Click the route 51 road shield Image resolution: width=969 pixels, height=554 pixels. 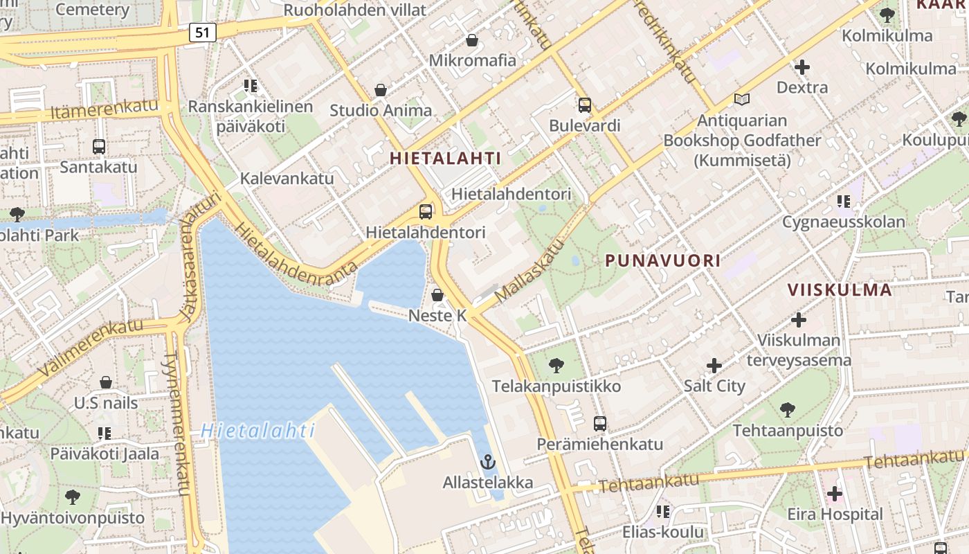click(201, 32)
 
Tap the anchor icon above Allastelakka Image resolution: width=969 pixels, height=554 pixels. click(488, 461)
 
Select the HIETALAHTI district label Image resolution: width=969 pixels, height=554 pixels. click(445, 158)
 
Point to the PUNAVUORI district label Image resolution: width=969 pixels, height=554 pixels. click(662, 260)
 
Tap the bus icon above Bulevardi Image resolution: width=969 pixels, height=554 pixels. click(585, 105)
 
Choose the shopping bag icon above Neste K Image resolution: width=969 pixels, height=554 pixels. click(437, 295)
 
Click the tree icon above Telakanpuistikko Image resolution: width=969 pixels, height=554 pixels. click(556, 365)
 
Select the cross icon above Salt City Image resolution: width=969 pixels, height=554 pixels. click(714, 366)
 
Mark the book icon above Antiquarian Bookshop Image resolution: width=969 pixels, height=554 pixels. click(742, 100)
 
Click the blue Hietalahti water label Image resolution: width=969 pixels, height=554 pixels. click(257, 431)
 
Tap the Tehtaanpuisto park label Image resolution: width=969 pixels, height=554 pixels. click(788, 430)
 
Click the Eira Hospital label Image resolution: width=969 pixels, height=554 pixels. click(835, 515)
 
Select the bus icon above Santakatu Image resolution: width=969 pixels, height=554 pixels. click(98, 147)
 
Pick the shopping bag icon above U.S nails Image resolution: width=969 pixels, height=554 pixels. click(106, 382)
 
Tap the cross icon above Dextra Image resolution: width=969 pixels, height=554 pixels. click(802, 67)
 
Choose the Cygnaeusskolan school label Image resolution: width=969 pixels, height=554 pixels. click(843, 222)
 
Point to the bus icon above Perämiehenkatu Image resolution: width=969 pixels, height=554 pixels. click(600, 424)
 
